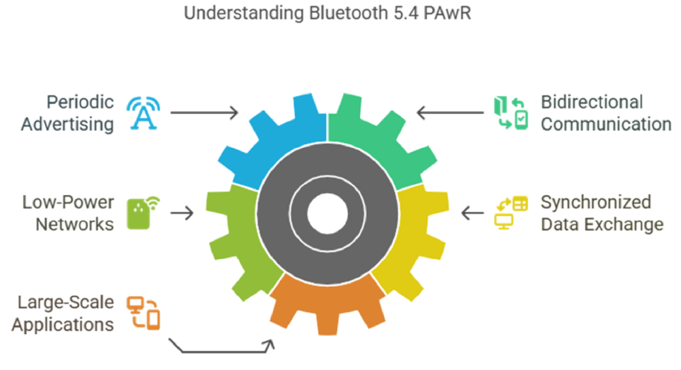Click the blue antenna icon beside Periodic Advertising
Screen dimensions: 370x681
click(144, 112)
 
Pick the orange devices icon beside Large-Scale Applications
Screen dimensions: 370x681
click(144, 311)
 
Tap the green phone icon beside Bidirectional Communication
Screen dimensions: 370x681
click(511, 112)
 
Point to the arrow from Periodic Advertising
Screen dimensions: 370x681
click(204, 112)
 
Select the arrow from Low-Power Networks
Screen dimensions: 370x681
click(182, 213)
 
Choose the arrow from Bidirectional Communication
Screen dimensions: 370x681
click(449, 112)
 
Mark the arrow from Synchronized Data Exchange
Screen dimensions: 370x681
click(473, 213)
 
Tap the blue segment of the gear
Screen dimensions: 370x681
click(272, 136)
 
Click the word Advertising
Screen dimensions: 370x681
click(67, 124)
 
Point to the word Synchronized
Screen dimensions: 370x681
click(596, 202)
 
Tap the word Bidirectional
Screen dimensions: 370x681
click(592, 102)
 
